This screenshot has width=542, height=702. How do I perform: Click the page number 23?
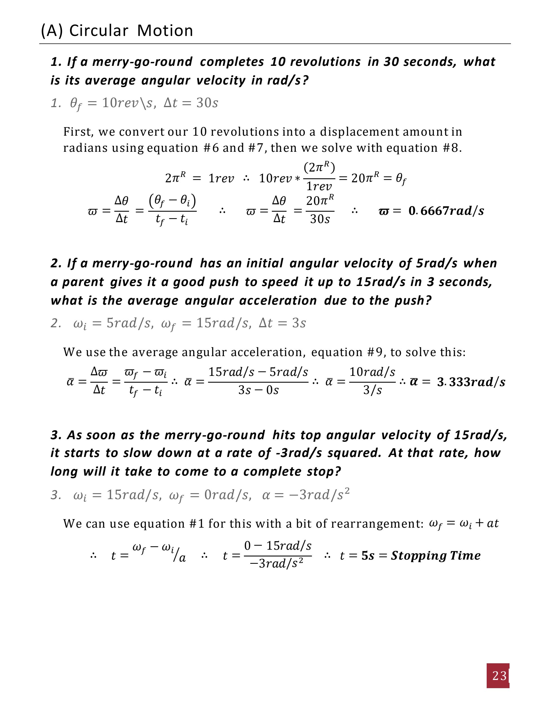point(499,676)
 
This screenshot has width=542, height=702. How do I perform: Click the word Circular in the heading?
point(99,31)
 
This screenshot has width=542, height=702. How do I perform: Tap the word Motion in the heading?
point(165,31)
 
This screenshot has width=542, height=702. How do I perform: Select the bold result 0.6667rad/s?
point(446,211)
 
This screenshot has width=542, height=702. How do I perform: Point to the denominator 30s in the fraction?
point(320,219)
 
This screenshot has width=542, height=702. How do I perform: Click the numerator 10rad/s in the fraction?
point(372,372)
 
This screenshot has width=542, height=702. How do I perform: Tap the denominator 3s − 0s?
point(259,390)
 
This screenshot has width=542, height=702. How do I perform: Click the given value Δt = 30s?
point(191,103)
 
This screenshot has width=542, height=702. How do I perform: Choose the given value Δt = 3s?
point(282,323)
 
